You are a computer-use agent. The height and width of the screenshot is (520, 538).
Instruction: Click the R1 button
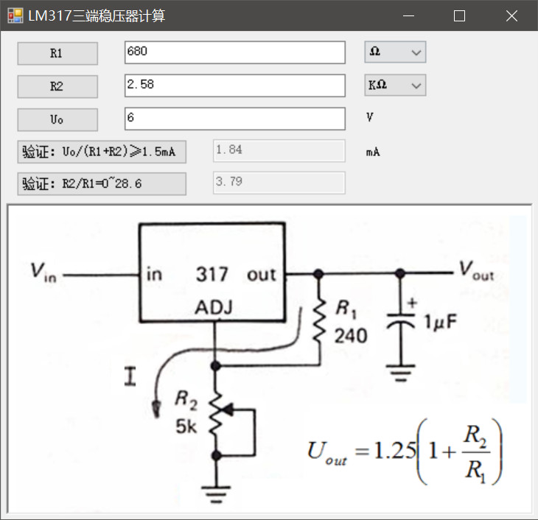(x=57, y=53)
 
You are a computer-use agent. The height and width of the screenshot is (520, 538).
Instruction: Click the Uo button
(x=57, y=119)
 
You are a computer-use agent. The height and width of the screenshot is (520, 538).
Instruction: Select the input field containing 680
(x=234, y=52)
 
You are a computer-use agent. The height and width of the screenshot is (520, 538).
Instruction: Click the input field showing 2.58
(x=234, y=85)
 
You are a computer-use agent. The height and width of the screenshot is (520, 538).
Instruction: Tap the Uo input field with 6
(x=234, y=119)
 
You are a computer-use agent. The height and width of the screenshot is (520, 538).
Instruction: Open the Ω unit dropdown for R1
(x=395, y=52)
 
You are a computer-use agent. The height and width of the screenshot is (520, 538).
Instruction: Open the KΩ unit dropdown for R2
(x=395, y=85)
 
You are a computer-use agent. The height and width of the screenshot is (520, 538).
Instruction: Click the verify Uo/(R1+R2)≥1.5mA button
(x=102, y=152)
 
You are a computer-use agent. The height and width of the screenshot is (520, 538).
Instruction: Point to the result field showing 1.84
(x=279, y=151)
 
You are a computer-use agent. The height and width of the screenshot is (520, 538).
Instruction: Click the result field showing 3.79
(x=279, y=182)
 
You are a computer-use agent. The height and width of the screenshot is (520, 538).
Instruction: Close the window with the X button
(x=511, y=15)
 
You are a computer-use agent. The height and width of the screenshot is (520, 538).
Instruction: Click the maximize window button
(x=459, y=15)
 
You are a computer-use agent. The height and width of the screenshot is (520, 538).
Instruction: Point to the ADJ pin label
(x=214, y=308)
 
